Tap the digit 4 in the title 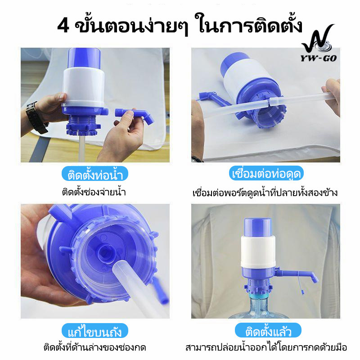[x=63, y=26]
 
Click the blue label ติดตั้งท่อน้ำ [x=95, y=174]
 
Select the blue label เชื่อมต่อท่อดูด [x=266, y=173]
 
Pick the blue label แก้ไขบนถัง [x=95, y=331]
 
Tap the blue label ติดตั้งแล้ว [x=268, y=330]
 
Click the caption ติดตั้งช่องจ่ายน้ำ [x=94, y=192]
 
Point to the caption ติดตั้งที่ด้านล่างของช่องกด [x=95, y=347]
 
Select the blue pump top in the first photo [x=84, y=58]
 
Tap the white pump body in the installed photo [x=258, y=252]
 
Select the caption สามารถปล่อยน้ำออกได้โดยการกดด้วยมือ [x=266, y=347]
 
